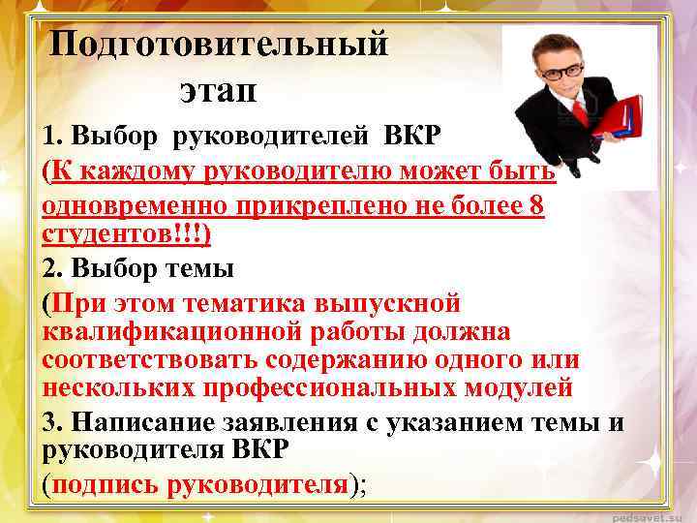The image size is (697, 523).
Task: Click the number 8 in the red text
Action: (536, 208)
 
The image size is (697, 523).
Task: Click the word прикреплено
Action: (316, 208)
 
